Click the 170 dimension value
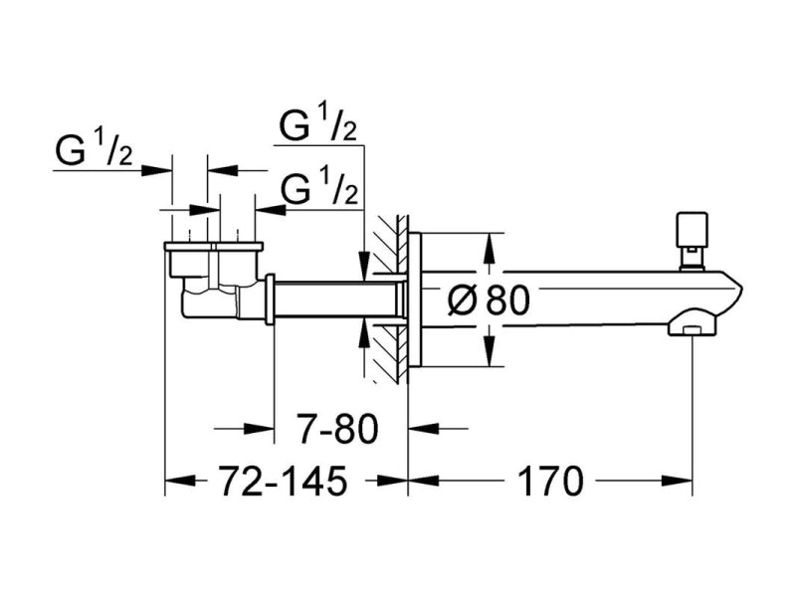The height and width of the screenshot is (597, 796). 551,481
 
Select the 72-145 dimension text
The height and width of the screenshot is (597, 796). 284,481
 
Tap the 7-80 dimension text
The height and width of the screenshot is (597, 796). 338,429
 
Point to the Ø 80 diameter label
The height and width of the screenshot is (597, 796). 489,300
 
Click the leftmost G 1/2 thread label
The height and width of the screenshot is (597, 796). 94,150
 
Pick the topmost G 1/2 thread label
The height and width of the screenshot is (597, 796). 318,125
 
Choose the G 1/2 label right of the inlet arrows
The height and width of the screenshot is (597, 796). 318,189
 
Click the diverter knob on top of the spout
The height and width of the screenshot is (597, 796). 691,240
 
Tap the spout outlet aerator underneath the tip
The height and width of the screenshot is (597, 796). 691,324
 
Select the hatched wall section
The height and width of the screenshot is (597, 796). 391,298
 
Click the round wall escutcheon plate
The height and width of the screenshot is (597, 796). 415,299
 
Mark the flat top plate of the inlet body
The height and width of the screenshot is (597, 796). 214,247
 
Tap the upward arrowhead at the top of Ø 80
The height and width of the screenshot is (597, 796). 489,247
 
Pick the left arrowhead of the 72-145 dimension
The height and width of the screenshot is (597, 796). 180,480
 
